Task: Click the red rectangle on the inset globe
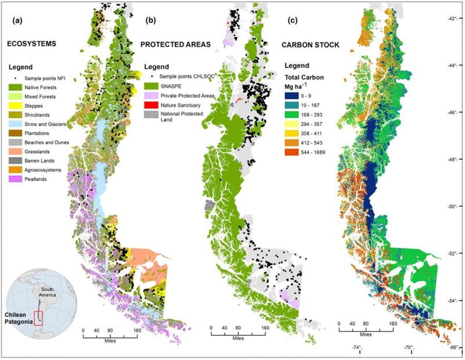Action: [x=39, y=318]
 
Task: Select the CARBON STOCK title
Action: [x=321, y=44]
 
